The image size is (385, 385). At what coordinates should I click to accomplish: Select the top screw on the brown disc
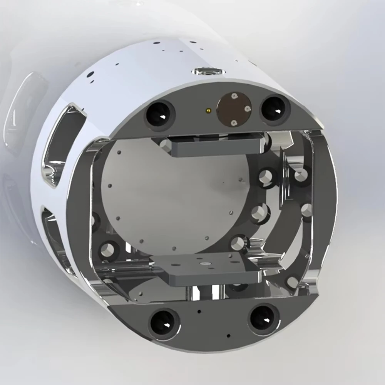pos(234,96)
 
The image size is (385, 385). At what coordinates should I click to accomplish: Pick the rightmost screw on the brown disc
pos(248,109)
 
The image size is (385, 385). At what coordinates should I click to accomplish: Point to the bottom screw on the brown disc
pos(234,122)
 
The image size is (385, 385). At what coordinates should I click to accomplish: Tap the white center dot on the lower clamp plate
pos(204,264)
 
